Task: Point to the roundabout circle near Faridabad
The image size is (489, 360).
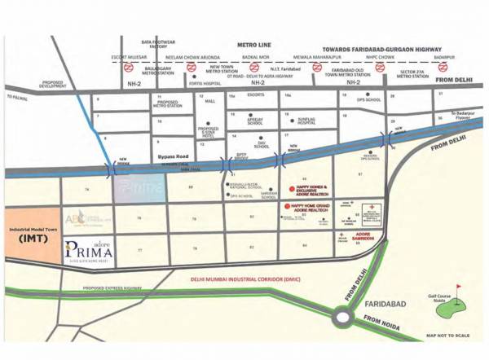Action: tap(348, 311)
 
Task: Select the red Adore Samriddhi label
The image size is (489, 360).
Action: tap(359, 236)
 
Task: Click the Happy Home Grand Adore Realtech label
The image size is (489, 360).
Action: tap(311, 209)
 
